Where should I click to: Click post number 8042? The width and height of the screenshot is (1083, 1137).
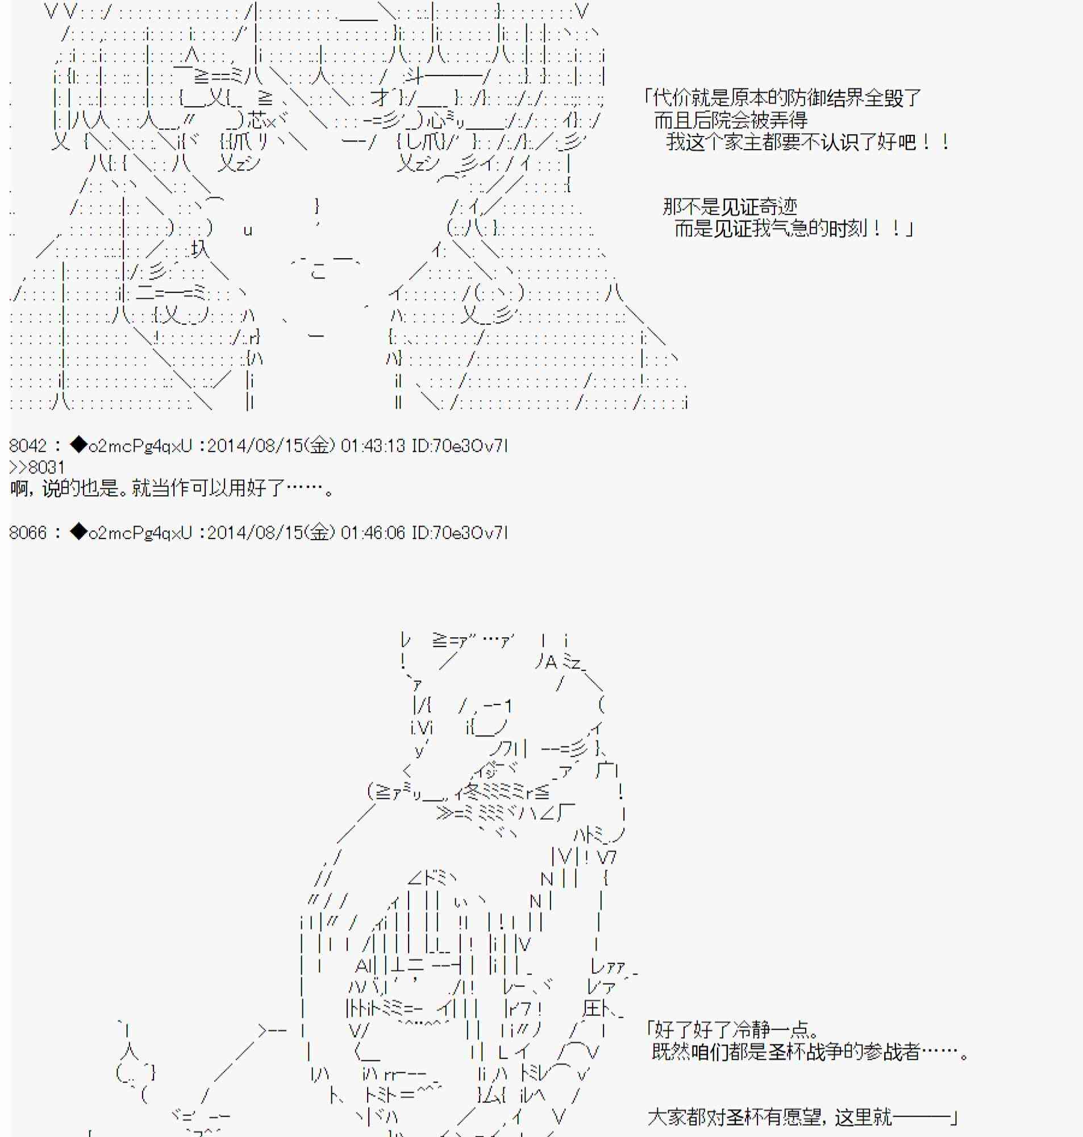(x=28, y=446)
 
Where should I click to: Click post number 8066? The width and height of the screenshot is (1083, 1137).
(x=28, y=533)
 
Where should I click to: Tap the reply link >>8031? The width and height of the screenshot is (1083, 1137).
(x=37, y=467)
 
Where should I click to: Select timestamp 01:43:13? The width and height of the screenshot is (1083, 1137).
(x=373, y=446)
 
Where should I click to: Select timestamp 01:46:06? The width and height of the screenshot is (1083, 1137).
(x=373, y=533)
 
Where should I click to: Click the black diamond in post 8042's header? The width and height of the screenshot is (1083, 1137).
(x=78, y=445)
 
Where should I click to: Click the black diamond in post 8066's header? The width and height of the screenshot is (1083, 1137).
(x=78, y=532)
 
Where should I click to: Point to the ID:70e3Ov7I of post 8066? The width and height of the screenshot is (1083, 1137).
(x=460, y=533)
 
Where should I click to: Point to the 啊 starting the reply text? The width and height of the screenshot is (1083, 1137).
(x=19, y=489)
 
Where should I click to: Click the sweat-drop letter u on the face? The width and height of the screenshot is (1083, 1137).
(x=248, y=231)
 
